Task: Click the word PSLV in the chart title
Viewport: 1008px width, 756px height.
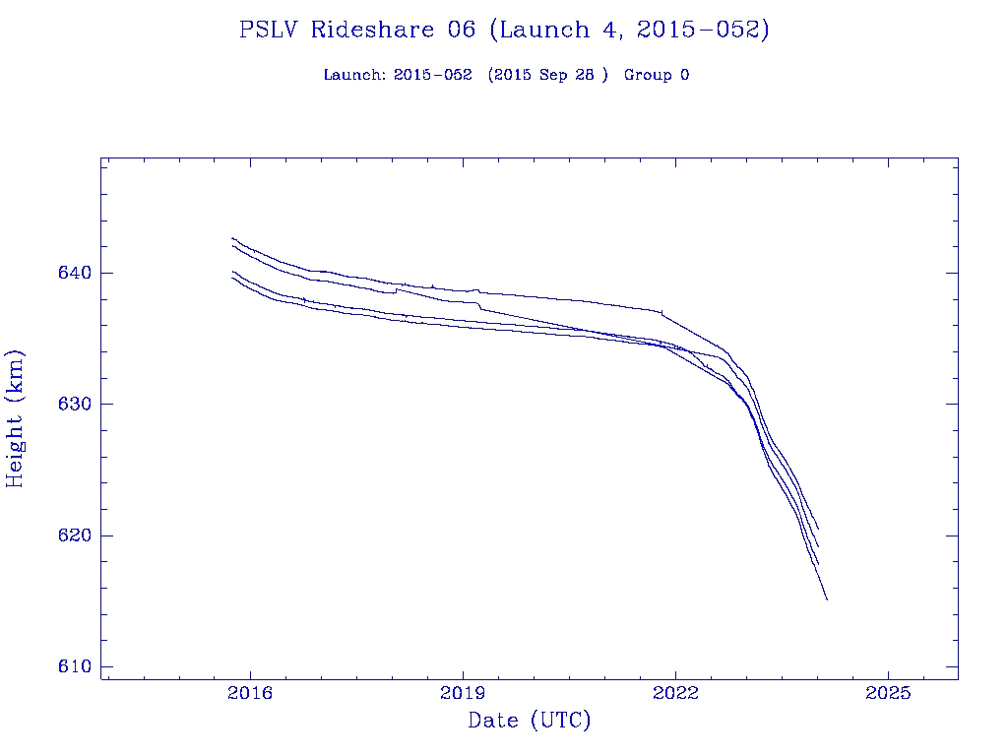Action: coord(270,30)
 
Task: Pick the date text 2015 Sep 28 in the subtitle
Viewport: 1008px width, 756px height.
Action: coord(547,75)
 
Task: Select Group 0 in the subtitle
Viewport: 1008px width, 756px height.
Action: coord(656,75)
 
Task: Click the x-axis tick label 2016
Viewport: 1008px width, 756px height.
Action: coord(251,693)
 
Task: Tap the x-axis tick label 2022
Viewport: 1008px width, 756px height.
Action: coord(675,693)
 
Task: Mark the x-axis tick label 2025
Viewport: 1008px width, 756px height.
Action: coord(888,693)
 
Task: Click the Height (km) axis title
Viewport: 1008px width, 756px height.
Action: coord(15,418)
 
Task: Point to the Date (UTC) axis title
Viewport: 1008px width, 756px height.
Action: coord(530,721)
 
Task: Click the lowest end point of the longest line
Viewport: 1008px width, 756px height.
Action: coord(827,599)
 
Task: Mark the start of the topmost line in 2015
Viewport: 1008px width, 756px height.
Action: coord(232,238)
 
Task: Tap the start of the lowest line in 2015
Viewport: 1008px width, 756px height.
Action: coord(232,278)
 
